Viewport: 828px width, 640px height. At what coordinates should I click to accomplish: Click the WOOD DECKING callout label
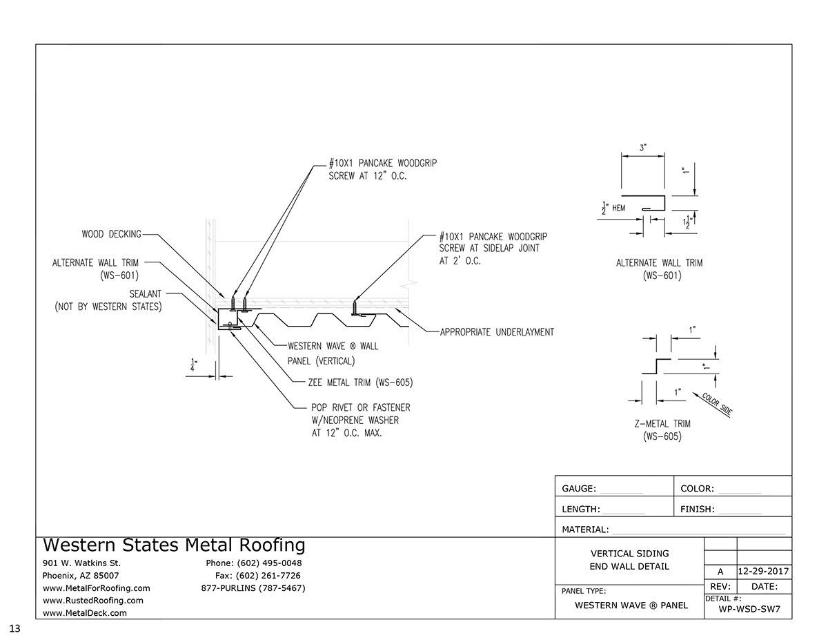[111, 234]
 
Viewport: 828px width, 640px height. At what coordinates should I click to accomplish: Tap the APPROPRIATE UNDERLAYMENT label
[497, 332]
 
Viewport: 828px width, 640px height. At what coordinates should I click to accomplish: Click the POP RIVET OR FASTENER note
[355, 420]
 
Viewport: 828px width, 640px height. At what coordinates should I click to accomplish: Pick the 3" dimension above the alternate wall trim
[642, 148]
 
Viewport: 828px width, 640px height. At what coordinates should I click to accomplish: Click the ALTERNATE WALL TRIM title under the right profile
[660, 269]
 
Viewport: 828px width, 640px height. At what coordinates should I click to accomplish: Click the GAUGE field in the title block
[602, 489]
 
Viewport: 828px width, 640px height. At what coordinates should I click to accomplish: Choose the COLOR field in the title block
[720, 489]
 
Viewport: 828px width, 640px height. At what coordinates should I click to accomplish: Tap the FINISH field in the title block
[720, 510]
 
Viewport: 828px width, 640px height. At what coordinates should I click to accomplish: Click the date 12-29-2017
[764, 572]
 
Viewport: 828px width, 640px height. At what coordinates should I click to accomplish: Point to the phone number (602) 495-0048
[254, 563]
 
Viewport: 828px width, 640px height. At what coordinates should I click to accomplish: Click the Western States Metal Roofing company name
[174, 545]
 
